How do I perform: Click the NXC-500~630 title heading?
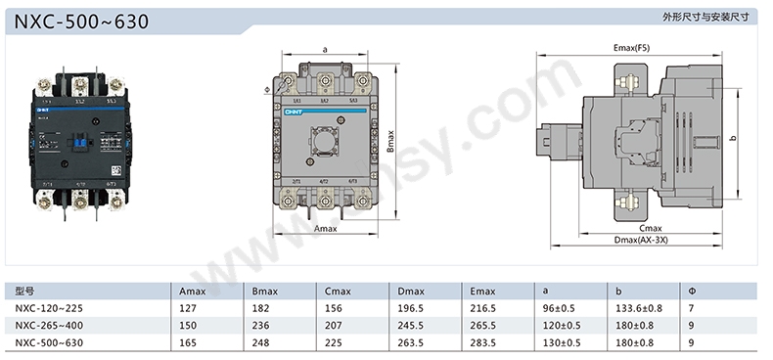coord(82,21)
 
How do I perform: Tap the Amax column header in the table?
coord(193,292)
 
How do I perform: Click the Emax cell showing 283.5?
coord(482,341)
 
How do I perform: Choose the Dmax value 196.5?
coord(411,308)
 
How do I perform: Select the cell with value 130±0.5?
coord(561,341)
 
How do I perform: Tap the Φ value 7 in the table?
coord(691,308)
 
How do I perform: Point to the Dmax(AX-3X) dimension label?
coord(640,240)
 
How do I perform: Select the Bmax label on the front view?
coord(389,142)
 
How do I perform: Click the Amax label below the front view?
coord(326,228)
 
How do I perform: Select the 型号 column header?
coord(25,292)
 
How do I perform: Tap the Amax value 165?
coord(188,341)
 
